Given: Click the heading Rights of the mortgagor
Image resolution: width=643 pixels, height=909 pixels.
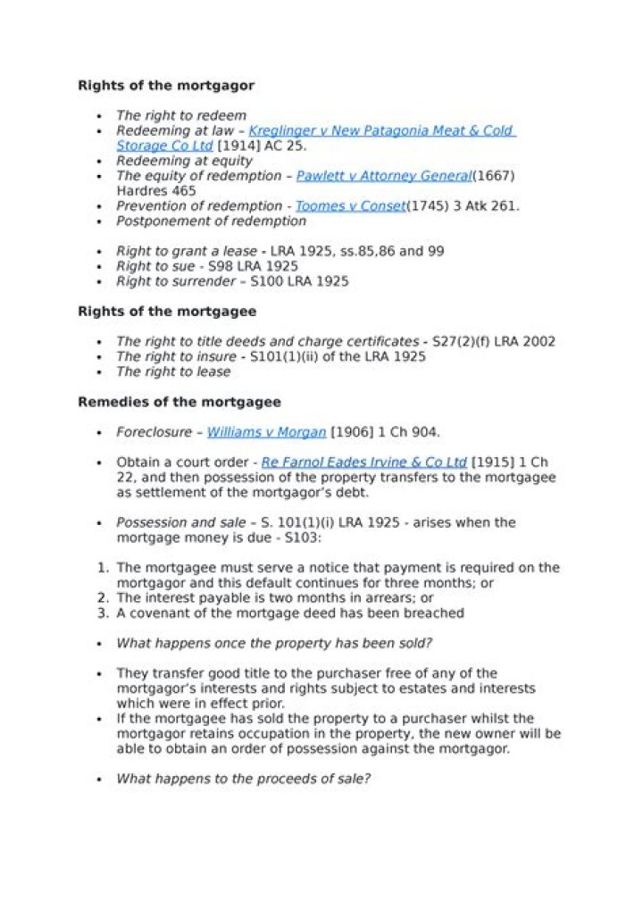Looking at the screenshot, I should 166,86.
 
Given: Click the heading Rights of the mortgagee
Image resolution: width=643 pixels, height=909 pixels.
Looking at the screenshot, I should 167,312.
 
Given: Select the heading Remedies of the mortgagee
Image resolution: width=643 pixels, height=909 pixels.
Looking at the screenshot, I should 179,402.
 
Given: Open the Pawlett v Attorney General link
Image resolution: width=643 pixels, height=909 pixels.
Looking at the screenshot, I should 383,177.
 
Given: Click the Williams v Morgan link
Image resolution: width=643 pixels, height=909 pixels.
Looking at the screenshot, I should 266,432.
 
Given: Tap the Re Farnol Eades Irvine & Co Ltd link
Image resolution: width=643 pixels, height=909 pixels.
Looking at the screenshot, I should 363,463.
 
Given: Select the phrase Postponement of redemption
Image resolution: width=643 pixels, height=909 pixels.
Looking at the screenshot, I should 211,221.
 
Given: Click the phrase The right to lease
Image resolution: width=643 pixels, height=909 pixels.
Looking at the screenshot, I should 173,371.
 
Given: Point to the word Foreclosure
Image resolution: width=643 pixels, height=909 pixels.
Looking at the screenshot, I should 154,432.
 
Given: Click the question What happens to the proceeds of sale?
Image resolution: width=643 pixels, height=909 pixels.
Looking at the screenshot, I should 243,779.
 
